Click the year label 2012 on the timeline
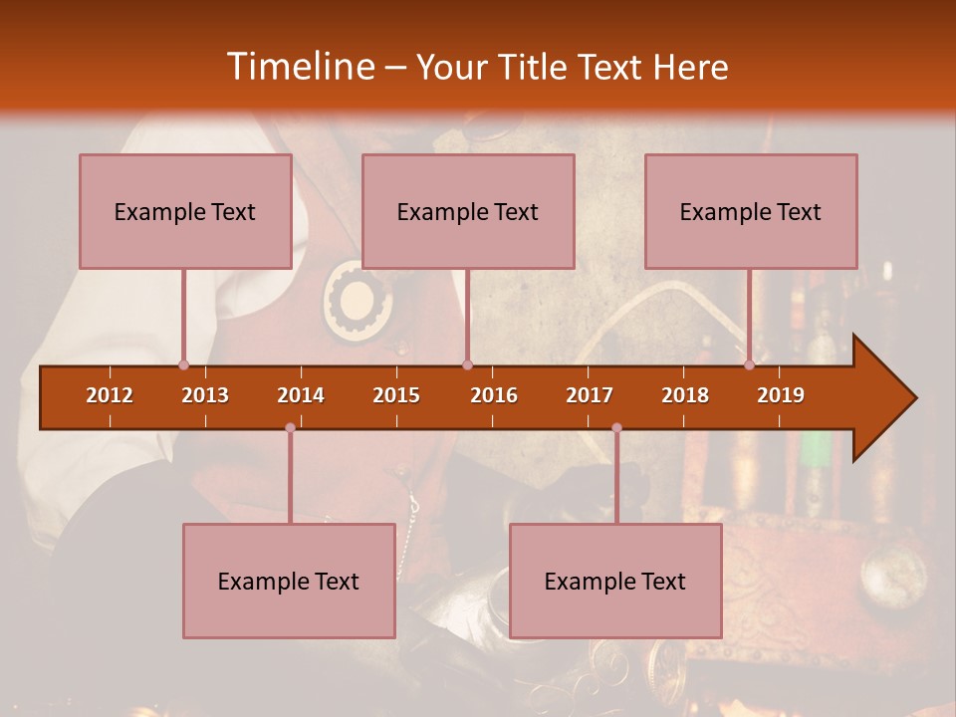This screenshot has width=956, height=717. pyautogui.click(x=110, y=395)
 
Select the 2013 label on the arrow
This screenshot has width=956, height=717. pyautogui.click(x=205, y=395)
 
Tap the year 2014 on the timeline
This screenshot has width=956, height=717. pyautogui.click(x=301, y=395)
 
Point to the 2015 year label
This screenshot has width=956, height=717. pyautogui.click(x=396, y=395)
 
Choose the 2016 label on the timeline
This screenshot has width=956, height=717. pyautogui.click(x=494, y=395)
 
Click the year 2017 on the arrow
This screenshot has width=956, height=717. pyautogui.click(x=590, y=395)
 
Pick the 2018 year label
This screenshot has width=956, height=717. pyautogui.click(x=685, y=395)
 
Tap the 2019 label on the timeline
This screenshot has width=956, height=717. pyautogui.click(x=781, y=395)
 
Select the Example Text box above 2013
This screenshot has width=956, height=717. pyautogui.click(x=185, y=211)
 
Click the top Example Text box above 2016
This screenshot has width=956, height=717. pyautogui.click(x=468, y=211)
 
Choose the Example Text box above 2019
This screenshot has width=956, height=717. pyautogui.click(x=751, y=211)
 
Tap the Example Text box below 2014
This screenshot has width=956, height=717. pyautogui.click(x=289, y=581)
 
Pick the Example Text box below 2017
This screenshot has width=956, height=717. pyautogui.click(x=615, y=581)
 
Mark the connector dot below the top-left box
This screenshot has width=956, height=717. pyautogui.click(x=183, y=365)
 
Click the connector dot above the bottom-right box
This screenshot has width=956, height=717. pyautogui.click(x=616, y=428)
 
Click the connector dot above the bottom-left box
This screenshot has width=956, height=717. pyautogui.click(x=290, y=428)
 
